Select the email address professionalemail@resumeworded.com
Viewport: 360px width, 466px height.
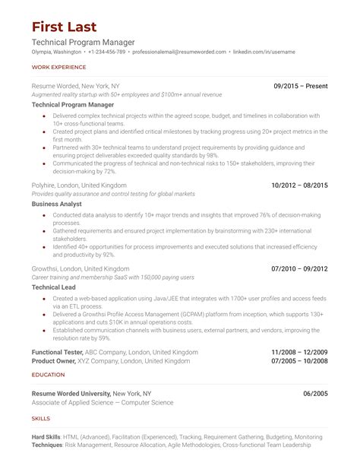pyautogui.click(x=179, y=52)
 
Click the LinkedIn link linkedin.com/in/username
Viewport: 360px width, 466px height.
pyautogui.click(x=264, y=52)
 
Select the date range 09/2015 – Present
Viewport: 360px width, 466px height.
pyautogui.click(x=301, y=87)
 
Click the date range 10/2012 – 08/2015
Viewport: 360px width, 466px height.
pyautogui.click(x=299, y=185)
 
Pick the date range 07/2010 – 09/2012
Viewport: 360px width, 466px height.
pyautogui.click(x=299, y=268)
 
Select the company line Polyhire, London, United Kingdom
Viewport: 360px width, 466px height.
pyautogui.click(x=79, y=185)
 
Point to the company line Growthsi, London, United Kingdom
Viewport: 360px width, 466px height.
pyautogui.click(x=81, y=268)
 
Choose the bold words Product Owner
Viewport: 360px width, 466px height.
pyautogui.click(x=55, y=361)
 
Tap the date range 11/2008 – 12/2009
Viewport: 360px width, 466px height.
pyautogui.click(x=299, y=352)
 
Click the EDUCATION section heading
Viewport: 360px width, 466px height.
pyautogui.click(x=47, y=375)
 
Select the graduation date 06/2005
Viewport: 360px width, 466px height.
pyautogui.click(x=315, y=393)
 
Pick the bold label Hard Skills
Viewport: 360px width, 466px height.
pyautogui.click(x=47, y=437)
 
